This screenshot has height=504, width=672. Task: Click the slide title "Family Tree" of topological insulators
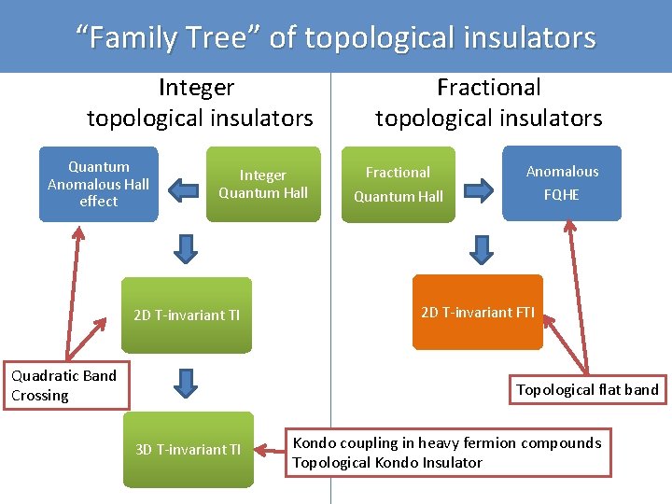[x=336, y=37]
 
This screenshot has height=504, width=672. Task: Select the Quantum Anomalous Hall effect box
[x=98, y=184]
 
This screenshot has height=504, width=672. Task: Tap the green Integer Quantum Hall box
[x=262, y=184]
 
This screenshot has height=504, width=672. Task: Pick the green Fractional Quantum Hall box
[x=398, y=184]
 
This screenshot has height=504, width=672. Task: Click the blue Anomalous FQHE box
[x=562, y=183]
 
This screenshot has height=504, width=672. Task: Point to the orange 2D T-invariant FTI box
[x=477, y=312]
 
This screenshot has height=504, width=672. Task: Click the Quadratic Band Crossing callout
[x=64, y=385]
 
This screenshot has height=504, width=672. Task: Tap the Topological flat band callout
[x=588, y=389]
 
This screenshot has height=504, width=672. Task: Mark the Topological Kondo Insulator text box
[x=448, y=453]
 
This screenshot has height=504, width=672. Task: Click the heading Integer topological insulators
[x=199, y=103]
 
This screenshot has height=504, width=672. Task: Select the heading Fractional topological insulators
[x=488, y=103]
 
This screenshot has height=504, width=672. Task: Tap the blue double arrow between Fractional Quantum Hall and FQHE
[x=479, y=191]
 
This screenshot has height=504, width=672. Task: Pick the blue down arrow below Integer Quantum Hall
[x=187, y=248]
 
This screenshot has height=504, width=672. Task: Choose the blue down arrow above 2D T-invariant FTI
[x=481, y=248]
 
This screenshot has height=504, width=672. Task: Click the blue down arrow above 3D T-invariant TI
[x=187, y=383]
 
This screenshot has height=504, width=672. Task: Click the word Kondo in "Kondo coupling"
[x=315, y=442]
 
